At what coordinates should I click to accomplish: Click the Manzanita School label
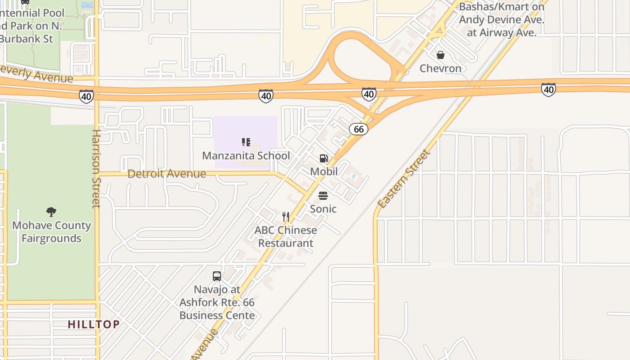point(246,156)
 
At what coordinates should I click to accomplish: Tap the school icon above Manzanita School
point(246,143)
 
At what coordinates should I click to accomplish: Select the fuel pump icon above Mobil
point(324,158)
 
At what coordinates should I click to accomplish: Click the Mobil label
point(324,171)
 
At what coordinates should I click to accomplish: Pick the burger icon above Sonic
point(323,196)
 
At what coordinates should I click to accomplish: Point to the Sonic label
point(323,209)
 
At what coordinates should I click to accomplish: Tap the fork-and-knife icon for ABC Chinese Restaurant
point(286,217)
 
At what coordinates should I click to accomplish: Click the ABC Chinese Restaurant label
point(286,237)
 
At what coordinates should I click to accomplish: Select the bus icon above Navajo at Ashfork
point(217,276)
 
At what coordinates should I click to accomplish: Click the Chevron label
point(441,68)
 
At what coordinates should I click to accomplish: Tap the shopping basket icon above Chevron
point(441,55)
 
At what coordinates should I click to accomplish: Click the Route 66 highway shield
point(359,129)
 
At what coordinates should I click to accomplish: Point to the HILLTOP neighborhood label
point(94,324)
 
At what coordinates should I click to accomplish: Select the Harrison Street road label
point(96,169)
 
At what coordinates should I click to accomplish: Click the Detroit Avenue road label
point(167,174)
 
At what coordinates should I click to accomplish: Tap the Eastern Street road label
point(404,179)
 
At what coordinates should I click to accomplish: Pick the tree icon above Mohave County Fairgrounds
point(51,211)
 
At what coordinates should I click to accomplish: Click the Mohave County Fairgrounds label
point(51,232)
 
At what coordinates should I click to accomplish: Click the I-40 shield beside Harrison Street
point(86,96)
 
